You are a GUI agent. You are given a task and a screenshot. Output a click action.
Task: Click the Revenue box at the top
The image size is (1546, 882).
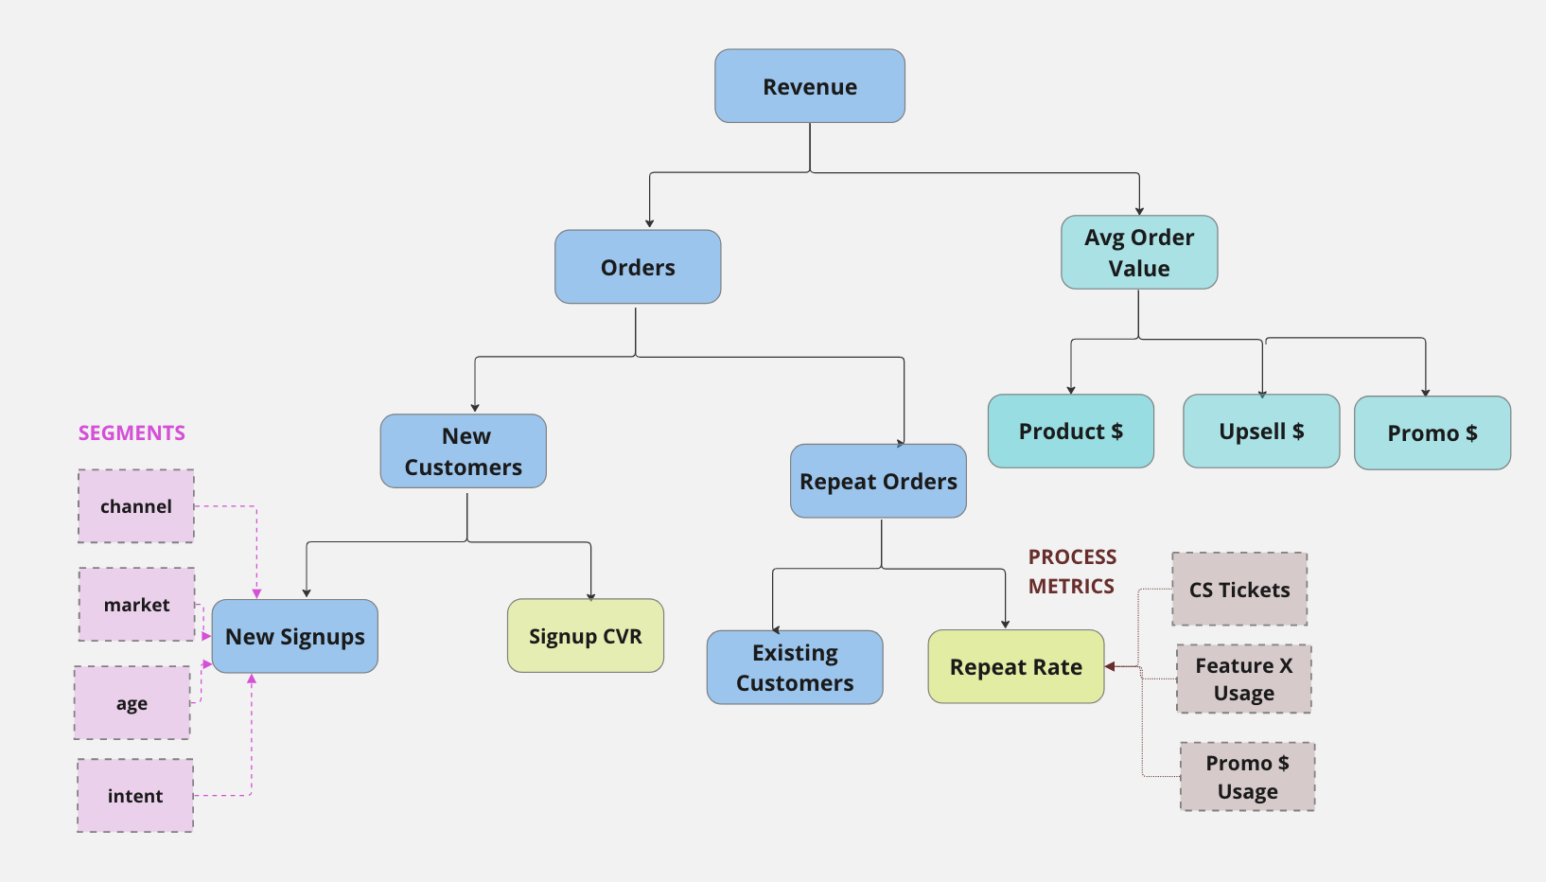(x=810, y=86)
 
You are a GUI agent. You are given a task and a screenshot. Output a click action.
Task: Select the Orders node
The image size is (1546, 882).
(x=638, y=267)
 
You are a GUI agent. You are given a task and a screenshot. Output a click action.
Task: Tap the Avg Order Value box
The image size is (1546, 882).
(x=1139, y=253)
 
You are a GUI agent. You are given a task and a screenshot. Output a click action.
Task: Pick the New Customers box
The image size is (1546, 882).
(x=464, y=451)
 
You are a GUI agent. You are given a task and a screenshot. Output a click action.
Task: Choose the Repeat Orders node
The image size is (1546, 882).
(x=878, y=481)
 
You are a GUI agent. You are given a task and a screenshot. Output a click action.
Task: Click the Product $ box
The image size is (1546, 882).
(x=1071, y=432)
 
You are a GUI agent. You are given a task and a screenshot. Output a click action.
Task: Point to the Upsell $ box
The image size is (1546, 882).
(x=1261, y=432)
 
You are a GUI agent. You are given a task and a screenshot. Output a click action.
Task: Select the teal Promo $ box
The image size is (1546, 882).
(x=1432, y=433)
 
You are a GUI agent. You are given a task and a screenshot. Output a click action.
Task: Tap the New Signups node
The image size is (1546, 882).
(x=295, y=637)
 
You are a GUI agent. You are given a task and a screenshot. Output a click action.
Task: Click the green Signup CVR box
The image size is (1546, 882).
(x=586, y=636)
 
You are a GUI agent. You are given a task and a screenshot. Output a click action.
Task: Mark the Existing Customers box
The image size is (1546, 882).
(x=795, y=668)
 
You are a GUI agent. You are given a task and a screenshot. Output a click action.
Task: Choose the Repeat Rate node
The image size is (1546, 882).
(x=1016, y=667)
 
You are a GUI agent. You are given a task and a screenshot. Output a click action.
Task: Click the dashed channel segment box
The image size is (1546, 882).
(x=136, y=506)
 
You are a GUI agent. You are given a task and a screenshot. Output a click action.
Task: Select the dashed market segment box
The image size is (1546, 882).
(x=137, y=605)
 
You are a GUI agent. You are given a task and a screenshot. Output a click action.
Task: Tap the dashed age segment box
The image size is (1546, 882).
(x=132, y=703)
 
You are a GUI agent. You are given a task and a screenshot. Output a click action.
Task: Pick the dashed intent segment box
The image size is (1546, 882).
(x=135, y=796)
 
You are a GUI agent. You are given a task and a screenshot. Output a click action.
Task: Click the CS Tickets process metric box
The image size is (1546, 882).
(x=1239, y=590)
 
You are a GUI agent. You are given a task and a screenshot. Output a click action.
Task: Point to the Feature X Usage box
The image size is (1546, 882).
(x=1244, y=679)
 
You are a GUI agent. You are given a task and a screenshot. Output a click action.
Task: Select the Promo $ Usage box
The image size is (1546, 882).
(x=1248, y=777)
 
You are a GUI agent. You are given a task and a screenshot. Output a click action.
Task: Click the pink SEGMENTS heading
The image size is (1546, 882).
(x=132, y=433)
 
